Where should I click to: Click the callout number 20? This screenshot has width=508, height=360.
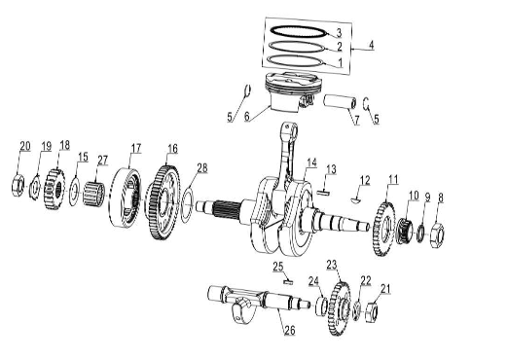pyautogui.click(x=25, y=146)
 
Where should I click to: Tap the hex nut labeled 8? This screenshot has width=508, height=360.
pyautogui.click(x=437, y=235)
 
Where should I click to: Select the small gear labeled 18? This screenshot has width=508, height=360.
pyautogui.click(x=54, y=189)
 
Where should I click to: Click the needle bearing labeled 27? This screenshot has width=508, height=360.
pyautogui.click(x=93, y=194)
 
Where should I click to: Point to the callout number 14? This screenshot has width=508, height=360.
pyautogui.click(x=311, y=162)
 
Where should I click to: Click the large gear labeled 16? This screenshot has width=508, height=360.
pyautogui.click(x=163, y=202)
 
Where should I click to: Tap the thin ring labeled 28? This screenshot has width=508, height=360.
pyautogui.click(x=187, y=206)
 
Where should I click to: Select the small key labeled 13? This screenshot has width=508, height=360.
pyautogui.click(x=323, y=193)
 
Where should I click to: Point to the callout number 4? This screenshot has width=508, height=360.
pyautogui.click(x=371, y=45)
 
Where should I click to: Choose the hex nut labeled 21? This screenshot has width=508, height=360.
pyautogui.click(x=372, y=311)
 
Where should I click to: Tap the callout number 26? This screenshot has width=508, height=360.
pyautogui.click(x=290, y=330)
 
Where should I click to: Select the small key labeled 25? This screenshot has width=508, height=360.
pyautogui.click(x=288, y=282)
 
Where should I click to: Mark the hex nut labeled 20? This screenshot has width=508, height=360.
pyautogui.click(x=18, y=186)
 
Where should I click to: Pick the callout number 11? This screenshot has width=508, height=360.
pyautogui.click(x=393, y=179)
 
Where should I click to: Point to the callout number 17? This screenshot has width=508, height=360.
pyautogui.click(x=136, y=148)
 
